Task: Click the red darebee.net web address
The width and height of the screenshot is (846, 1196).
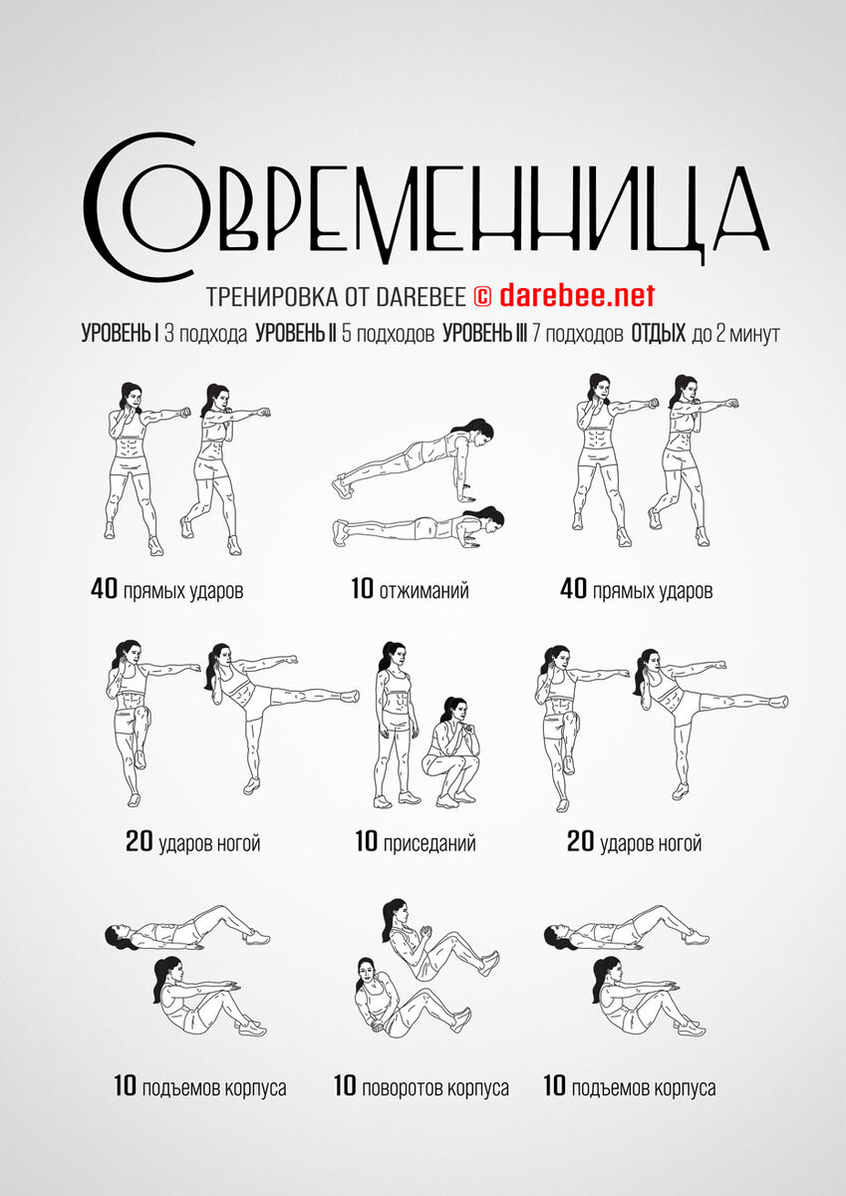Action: point(577,295)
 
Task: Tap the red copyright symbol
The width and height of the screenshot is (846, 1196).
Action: point(482,296)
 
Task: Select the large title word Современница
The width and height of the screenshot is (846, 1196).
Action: point(425,207)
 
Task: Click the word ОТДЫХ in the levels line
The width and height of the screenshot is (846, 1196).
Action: point(658,334)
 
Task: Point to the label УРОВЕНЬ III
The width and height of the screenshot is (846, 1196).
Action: point(484,334)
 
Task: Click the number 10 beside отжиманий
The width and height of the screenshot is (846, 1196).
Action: point(363,589)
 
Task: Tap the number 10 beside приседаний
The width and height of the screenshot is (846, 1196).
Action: point(367,841)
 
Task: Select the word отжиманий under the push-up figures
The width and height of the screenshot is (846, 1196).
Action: point(424,590)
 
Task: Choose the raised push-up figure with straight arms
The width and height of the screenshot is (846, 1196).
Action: point(414,459)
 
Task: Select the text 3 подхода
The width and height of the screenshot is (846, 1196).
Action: point(205,335)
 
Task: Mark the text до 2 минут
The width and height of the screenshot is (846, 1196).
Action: point(735,335)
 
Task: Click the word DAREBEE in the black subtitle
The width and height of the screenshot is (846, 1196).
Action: point(422,297)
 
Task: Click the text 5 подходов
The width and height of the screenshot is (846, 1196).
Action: point(388,335)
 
